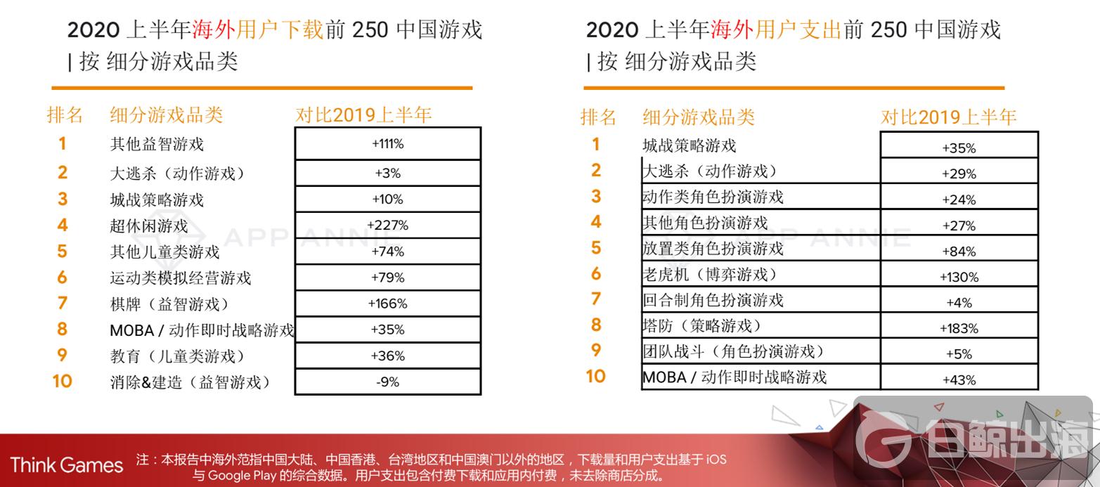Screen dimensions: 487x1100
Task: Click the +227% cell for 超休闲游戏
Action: (x=387, y=226)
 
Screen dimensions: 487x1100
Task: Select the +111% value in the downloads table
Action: (x=387, y=144)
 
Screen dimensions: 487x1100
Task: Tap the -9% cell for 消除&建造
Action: (x=387, y=382)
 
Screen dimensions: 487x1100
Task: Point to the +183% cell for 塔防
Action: (x=959, y=328)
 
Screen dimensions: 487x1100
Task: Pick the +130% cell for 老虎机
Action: (x=959, y=277)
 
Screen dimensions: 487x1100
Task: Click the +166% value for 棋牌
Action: (x=387, y=304)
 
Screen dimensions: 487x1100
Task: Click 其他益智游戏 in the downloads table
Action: (x=157, y=144)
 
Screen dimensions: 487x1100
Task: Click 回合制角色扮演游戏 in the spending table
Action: (x=713, y=300)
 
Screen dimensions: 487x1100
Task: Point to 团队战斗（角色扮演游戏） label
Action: (x=733, y=351)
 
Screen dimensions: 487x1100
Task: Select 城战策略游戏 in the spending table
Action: (x=690, y=145)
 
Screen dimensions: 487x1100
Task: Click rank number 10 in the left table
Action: (x=62, y=382)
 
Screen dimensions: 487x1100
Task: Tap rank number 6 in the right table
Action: (x=596, y=273)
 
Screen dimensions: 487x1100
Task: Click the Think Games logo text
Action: (x=67, y=465)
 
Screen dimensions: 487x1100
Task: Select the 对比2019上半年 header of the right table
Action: (x=948, y=117)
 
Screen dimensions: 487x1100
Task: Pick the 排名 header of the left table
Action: (x=65, y=115)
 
